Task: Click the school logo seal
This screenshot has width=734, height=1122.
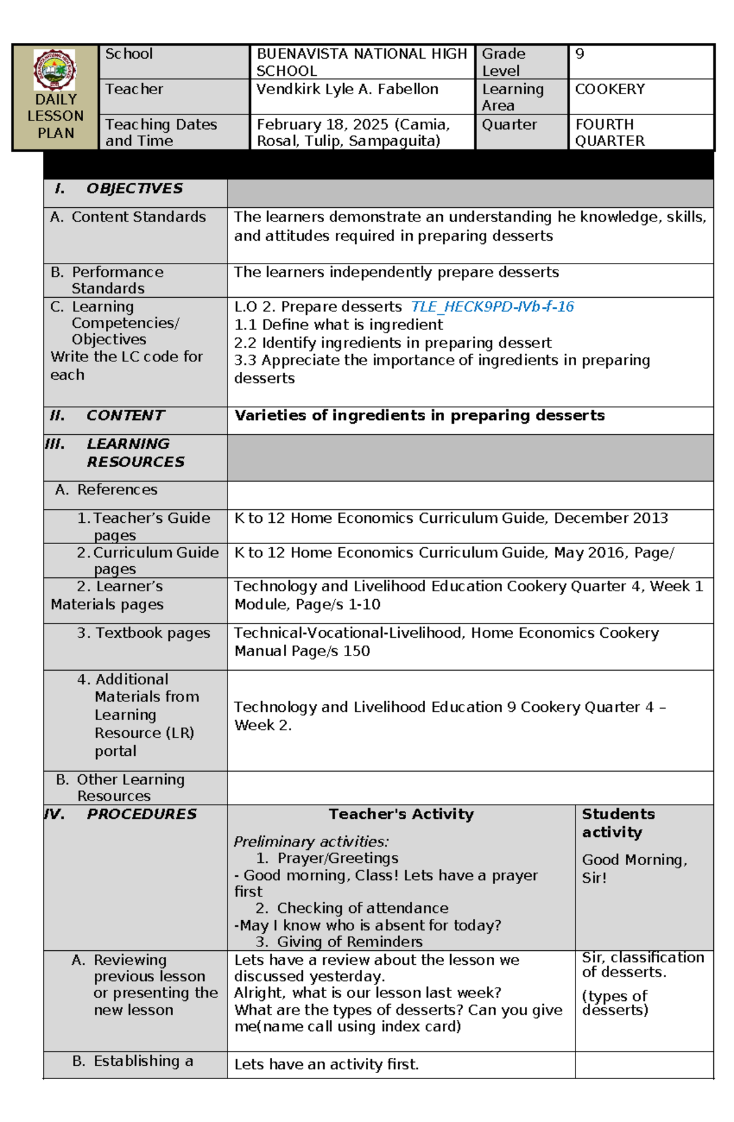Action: pos(55,69)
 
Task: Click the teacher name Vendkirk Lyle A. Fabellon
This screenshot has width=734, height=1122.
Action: pos(347,89)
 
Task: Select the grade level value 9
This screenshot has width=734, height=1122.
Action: pos(579,54)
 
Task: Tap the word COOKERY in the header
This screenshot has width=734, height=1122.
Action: pos(609,89)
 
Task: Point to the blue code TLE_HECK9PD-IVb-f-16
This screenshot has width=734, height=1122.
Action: pos(492,306)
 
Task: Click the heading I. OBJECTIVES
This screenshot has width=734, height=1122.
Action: pos(119,188)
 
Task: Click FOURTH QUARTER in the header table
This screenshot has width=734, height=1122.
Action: pos(609,133)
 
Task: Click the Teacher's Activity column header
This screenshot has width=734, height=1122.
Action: pos(401,814)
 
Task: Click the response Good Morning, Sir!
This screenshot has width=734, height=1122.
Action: pos(634,868)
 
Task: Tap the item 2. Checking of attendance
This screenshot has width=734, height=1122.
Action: pos(352,908)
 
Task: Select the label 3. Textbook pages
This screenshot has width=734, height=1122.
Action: pos(143,633)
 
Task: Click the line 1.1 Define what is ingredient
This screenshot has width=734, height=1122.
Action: pos(338,325)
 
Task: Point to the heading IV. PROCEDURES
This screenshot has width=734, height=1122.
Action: pos(120,814)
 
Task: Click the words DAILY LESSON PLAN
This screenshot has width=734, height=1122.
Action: pos(55,116)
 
